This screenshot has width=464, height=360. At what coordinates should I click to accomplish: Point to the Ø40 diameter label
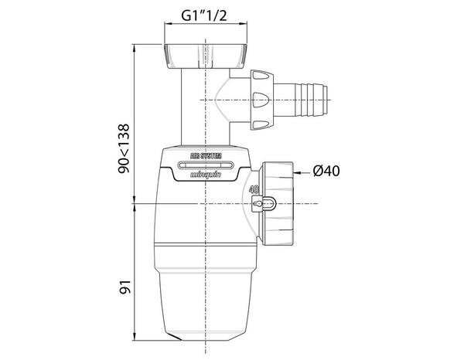tap(329, 172)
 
